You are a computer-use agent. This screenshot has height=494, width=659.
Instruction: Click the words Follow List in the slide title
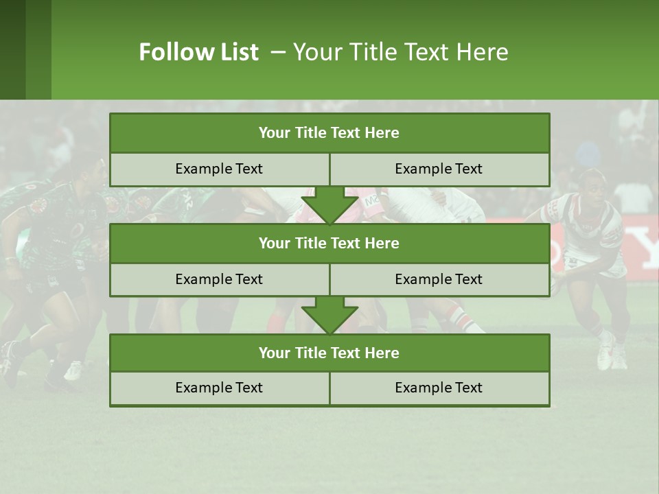[198, 52]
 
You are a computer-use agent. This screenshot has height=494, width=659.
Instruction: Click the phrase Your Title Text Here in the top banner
[401, 52]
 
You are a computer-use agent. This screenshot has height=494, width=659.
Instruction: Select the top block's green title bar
[329, 133]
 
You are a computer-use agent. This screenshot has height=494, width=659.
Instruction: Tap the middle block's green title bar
[329, 243]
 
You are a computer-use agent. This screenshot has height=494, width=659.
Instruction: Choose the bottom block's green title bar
[329, 353]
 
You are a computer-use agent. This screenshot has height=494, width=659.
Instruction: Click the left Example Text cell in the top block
[219, 169]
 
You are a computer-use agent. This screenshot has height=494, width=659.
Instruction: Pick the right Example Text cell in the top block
[439, 169]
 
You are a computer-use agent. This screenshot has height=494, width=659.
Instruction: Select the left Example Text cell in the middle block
[219, 279]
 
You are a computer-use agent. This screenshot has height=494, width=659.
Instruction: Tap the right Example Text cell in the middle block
[439, 279]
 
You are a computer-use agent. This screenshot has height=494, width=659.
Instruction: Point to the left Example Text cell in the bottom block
[219, 388]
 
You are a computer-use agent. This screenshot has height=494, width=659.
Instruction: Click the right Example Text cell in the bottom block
[439, 388]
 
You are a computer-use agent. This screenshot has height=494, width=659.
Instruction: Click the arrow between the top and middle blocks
[329, 205]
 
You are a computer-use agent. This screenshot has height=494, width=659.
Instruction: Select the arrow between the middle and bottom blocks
[329, 315]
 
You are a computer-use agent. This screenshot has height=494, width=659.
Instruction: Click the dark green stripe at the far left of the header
[12, 49]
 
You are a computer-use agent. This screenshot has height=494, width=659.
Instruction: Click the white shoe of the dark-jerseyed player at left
[73, 370]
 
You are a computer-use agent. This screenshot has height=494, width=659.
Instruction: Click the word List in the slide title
[239, 52]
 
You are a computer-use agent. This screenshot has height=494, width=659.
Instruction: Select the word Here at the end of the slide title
[485, 52]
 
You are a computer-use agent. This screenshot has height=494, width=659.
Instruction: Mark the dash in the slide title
[278, 52]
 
